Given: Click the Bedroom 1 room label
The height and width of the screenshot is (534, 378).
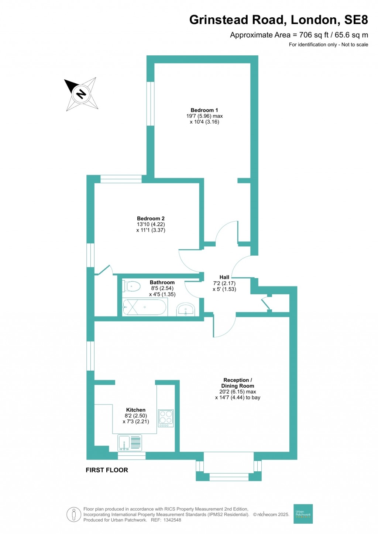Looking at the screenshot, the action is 204,110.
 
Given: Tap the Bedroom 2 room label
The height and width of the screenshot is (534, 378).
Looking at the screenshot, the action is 151,218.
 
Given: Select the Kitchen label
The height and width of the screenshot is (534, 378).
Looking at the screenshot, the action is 135,410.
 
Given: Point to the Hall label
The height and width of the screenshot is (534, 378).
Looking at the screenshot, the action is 224,277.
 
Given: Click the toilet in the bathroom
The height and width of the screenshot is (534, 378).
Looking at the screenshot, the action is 131,286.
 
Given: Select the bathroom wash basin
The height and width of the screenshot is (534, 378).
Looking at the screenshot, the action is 186,310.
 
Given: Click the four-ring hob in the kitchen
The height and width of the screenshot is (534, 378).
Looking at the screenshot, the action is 166,418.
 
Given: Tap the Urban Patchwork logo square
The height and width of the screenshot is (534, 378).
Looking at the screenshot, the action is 303,513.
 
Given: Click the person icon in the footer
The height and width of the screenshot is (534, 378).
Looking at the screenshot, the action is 74,514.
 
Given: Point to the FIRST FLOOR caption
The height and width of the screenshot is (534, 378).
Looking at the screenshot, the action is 107,470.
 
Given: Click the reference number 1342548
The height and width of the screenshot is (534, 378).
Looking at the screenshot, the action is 171,520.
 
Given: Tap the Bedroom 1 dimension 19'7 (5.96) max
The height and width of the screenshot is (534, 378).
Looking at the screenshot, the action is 205,116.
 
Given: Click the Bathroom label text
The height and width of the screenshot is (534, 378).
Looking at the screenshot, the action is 162,282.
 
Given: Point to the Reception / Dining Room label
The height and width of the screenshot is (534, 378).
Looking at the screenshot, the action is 237,383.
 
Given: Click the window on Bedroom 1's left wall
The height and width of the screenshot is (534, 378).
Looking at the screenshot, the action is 150,104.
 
